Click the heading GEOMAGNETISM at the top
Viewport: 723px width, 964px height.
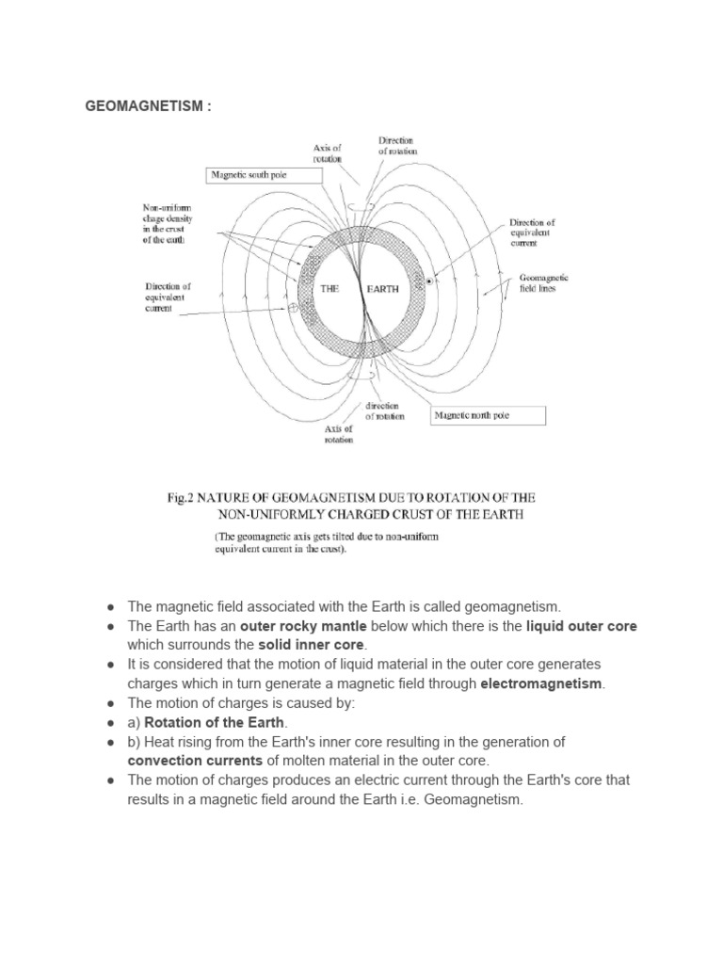149,106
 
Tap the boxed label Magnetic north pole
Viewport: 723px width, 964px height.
488,415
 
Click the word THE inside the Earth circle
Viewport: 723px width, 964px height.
329,290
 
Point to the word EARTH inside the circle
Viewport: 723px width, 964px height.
385,290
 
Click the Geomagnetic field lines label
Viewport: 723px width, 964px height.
543,284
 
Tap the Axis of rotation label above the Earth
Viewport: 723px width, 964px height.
328,153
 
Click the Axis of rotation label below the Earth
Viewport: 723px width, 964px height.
337,434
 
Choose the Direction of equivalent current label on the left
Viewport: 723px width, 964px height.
169,297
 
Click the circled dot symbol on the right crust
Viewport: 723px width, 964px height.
429,281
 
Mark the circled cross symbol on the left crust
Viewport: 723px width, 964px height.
292,307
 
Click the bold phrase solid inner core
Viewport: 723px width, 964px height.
311,645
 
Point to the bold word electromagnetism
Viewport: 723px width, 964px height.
542,683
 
